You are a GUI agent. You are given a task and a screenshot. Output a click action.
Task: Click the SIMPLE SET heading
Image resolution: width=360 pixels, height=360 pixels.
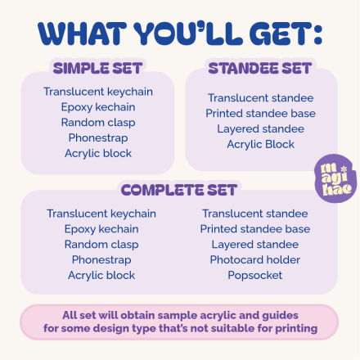(97, 68)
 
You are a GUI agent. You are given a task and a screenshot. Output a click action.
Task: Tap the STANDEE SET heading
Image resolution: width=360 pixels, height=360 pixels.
(259, 68)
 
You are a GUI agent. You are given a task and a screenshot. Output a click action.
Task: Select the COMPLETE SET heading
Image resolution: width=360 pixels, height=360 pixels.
(179, 190)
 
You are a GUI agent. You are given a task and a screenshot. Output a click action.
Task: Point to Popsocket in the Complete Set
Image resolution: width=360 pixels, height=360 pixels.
(254, 275)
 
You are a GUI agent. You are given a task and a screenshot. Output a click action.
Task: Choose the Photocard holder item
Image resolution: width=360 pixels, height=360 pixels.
(255, 259)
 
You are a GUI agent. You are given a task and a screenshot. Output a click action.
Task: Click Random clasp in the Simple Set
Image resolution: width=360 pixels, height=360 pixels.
(98, 122)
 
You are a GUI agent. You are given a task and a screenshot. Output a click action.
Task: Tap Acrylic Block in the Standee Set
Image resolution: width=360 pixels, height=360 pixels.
(261, 144)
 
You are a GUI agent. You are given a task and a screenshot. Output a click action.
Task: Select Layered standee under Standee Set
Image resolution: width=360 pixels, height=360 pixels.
(260, 128)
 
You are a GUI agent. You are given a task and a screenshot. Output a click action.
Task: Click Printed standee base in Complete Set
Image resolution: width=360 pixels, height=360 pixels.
(255, 229)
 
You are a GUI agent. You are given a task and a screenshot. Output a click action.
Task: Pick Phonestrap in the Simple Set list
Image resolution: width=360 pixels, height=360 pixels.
(98, 137)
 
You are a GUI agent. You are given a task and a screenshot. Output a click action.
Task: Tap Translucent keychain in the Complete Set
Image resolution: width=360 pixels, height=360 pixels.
(101, 214)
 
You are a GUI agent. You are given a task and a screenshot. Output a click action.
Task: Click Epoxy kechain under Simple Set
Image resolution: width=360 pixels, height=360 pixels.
(98, 106)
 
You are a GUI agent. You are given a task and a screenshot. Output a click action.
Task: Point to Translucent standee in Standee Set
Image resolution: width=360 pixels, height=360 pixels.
(260, 97)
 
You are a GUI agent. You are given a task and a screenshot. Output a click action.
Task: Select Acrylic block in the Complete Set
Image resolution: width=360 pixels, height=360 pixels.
(101, 275)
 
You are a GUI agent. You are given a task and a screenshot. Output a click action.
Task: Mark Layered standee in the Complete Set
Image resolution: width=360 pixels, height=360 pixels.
(255, 244)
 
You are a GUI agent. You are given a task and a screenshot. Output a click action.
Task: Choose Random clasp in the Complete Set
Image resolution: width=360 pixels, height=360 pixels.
(101, 244)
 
